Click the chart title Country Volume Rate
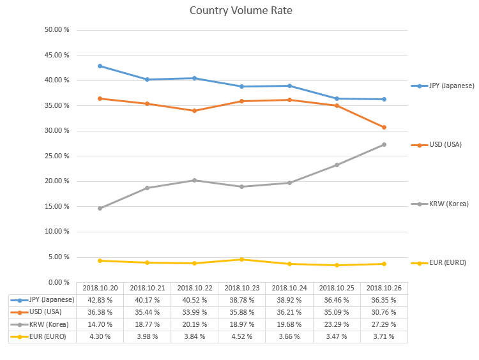pyautogui.click(x=241, y=11)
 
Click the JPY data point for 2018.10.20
pyautogui.click(x=100, y=66)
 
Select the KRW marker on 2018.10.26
pyautogui.click(x=384, y=144)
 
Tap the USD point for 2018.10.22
pyautogui.click(x=194, y=110)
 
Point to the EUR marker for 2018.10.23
pyautogui.click(x=241, y=259)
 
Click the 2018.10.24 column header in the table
pyautogui.click(x=289, y=288)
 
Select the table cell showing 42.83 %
pyautogui.click(x=100, y=300)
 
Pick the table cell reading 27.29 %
pyautogui.click(x=384, y=324)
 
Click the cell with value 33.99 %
pyautogui.click(x=194, y=312)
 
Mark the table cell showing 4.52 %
pyautogui.click(x=241, y=336)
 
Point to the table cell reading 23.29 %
pyautogui.click(x=337, y=324)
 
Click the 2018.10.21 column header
pyautogui.click(x=147, y=288)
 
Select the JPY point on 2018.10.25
pyautogui.click(x=337, y=98)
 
